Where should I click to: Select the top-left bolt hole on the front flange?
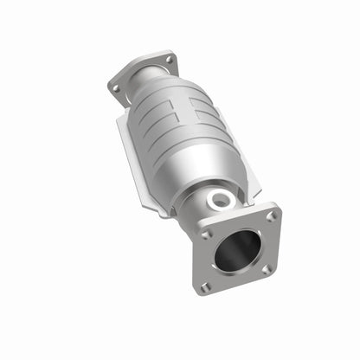[x=205, y=234]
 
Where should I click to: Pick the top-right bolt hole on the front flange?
[x=270, y=216]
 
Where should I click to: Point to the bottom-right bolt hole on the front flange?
[x=266, y=270]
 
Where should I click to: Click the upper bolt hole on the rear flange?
[x=170, y=60]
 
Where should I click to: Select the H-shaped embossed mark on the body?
[x=192, y=113]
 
